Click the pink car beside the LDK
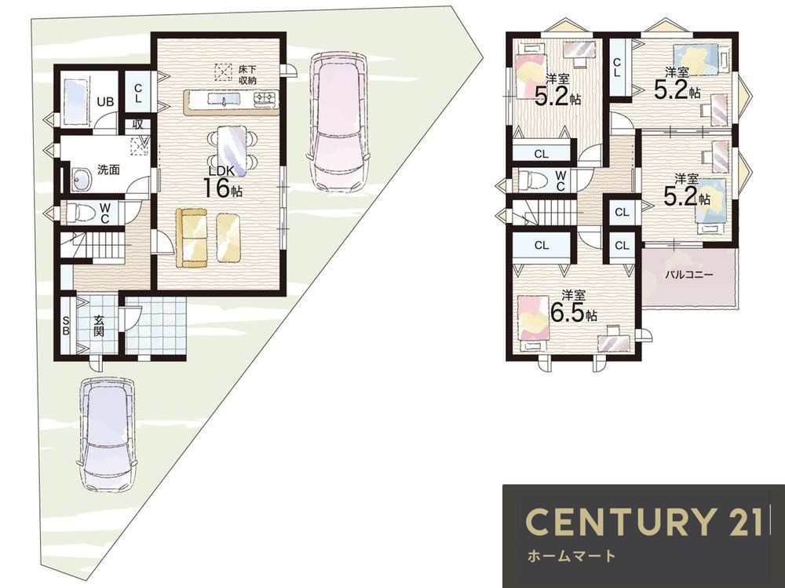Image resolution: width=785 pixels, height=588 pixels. (x=339, y=121)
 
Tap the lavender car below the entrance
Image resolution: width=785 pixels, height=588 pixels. (x=108, y=433)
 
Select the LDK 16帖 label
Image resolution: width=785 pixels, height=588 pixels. (x=222, y=181)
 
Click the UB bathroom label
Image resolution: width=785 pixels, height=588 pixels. (x=105, y=102)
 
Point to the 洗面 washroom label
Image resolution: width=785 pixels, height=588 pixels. (x=108, y=170)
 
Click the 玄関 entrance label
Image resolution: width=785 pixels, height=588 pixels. (x=99, y=325)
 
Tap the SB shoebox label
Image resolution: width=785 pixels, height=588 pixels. (x=66, y=325)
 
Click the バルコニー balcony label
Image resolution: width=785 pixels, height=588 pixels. (x=689, y=275)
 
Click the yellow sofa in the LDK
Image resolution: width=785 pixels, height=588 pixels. (x=192, y=239)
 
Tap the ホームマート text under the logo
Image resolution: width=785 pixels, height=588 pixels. (x=571, y=556)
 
